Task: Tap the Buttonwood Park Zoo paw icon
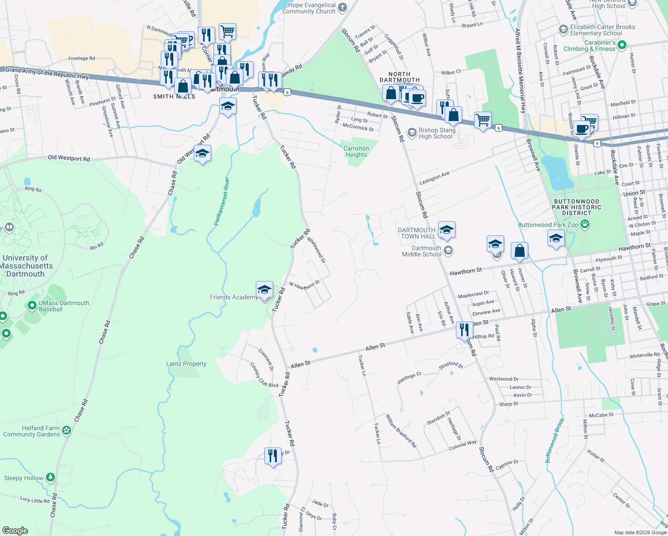pos(585,224)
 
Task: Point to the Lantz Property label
pos(186,364)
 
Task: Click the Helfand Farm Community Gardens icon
pos(67,431)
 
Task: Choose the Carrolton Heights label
pos(356,151)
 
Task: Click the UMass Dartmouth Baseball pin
pos(32,306)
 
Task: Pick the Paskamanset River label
pos(221,201)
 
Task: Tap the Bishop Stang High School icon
pos(412,133)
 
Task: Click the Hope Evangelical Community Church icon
pos(342,7)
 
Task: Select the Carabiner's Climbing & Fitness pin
pos(622,45)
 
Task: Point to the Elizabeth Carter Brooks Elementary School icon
pos(563,29)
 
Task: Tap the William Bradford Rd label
pos(401,431)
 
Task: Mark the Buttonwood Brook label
pos(555,440)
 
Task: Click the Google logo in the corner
pos(15,530)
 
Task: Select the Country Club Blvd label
pos(264,375)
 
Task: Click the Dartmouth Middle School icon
pos(448,251)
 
